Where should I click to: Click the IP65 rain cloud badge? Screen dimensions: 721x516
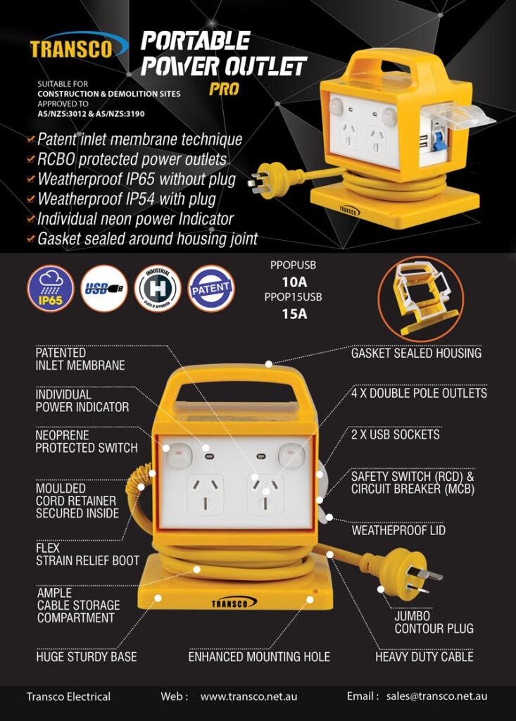(x=50, y=287)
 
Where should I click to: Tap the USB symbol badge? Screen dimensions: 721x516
(x=104, y=287)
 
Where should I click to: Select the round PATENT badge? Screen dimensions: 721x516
(x=210, y=288)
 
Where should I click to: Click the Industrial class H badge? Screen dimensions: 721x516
(x=157, y=287)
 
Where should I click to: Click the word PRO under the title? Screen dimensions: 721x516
(x=224, y=89)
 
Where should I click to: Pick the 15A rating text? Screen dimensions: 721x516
(x=294, y=313)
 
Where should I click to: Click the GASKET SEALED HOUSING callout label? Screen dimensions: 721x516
(x=416, y=353)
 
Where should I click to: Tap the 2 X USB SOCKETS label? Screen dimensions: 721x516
(x=395, y=434)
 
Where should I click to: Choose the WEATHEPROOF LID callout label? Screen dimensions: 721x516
(x=398, y=529)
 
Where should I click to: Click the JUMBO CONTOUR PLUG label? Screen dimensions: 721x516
(x=434, y=622)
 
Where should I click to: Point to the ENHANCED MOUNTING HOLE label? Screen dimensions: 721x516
(x=259, y=656)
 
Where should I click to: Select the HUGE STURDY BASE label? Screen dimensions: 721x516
(x=87, y=656)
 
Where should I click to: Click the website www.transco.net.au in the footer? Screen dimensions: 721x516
(x=248, y=696)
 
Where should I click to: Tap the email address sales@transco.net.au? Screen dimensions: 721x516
(x=436, y=696)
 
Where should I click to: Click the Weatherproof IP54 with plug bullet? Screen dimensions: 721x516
(x=136, y=199)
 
